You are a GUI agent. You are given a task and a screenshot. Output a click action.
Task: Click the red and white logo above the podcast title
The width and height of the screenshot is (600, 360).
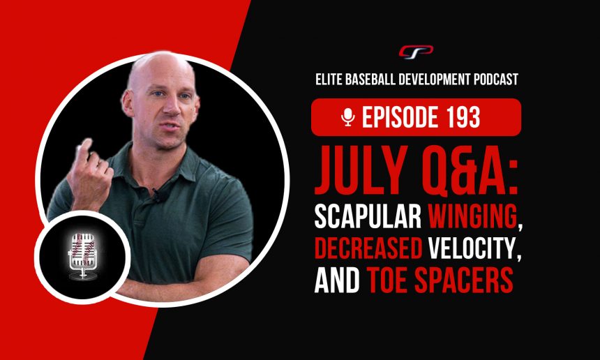(x=416, y=52)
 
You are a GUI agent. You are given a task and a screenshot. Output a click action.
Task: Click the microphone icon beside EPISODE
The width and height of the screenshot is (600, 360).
(x=348, y=117)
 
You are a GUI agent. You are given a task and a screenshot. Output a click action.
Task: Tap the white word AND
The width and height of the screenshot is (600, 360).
(x=337, y=280)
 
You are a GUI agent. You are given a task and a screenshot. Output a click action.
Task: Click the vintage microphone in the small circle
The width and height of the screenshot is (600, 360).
(x=82, y=255)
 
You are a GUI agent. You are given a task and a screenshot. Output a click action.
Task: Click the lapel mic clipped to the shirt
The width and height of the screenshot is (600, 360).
(x=156, y=196)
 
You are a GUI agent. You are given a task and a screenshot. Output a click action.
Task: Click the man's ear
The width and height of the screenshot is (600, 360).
(x=128, y=103)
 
